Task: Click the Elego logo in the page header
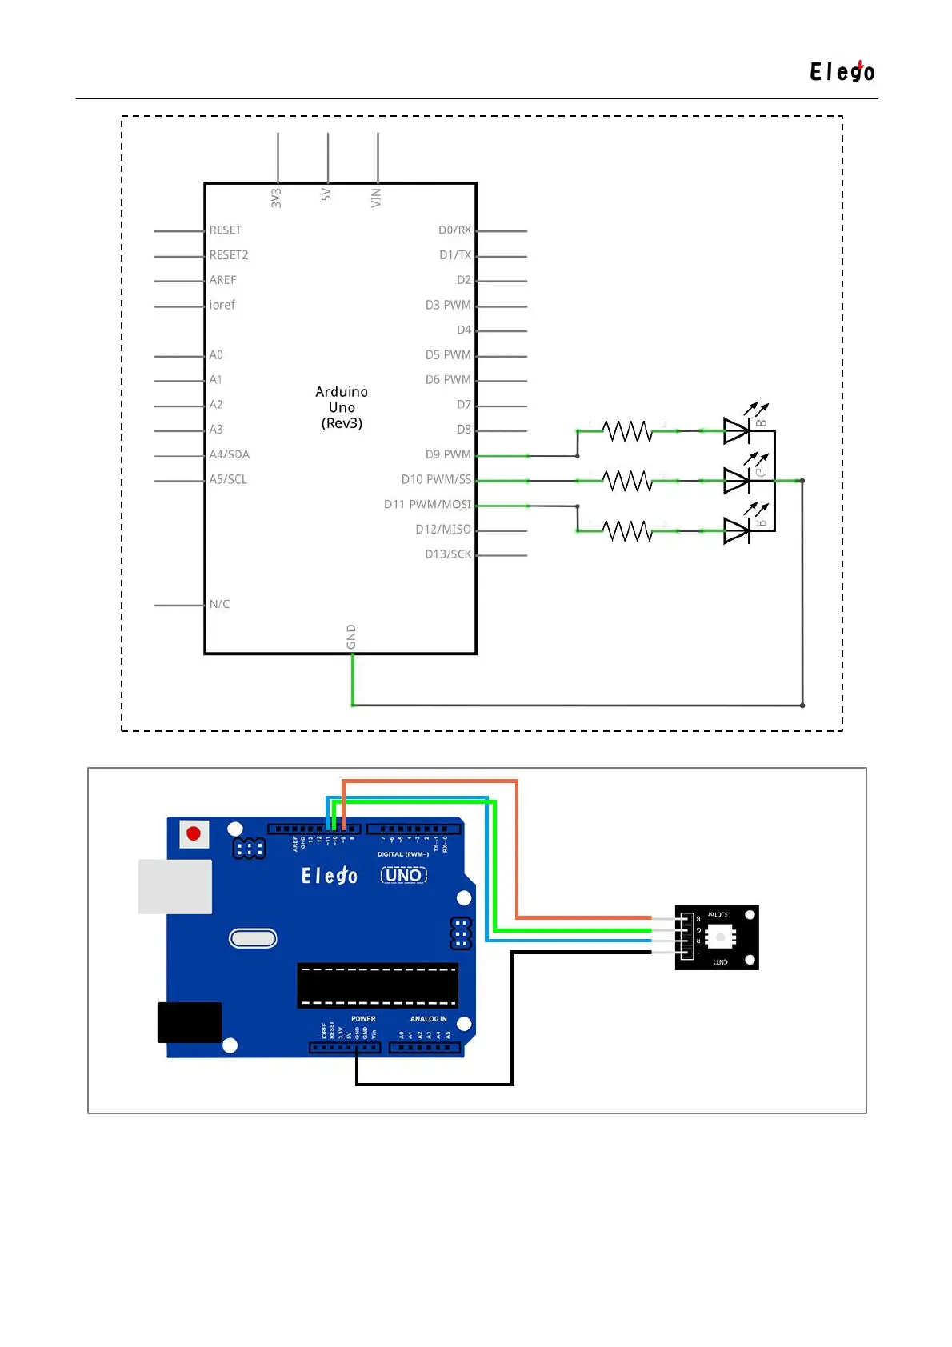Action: (x=842, y=72)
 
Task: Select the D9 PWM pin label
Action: (x=448, y=454)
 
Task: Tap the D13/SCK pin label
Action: (x=448, y=554)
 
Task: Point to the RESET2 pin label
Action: (x=229, y=255)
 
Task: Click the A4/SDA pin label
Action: (x=230, y=454)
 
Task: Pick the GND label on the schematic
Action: (x=351, y=637)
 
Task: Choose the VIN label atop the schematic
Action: (x=376, y=197)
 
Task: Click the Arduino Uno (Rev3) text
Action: (x=342, y=407)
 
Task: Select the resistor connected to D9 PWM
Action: (x=627, y=431)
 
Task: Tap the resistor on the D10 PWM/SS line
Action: (x=627, y=481)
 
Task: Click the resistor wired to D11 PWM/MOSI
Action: (x=627, y=530)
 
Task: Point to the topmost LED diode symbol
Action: (x=737, y=431)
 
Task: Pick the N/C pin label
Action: (x=219, y=604)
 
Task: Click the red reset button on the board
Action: (x=194, y=833)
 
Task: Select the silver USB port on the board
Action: (x=175, y=886)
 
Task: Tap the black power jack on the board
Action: (x=190, y=1022)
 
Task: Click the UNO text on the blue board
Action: (x=403, y=875)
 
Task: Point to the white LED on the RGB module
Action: (x=720, y=937)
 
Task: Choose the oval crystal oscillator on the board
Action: (x=253, y=938)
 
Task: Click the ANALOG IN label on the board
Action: (x=429, y=1019)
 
